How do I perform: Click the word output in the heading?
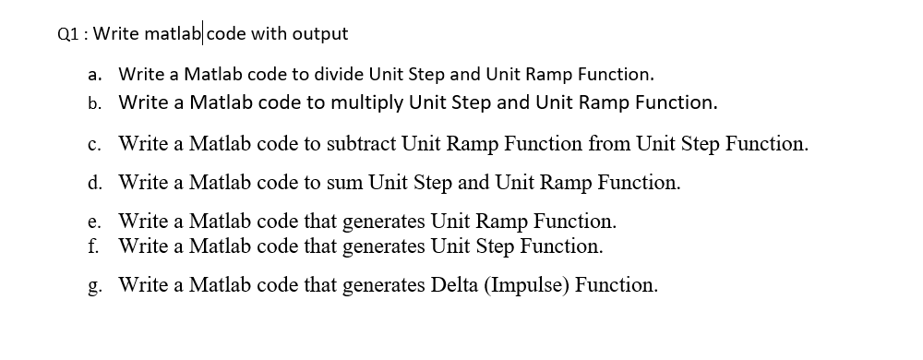320,34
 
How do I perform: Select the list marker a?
96,73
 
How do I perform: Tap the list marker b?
96,102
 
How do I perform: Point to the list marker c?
96,144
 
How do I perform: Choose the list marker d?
96,183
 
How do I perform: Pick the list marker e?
96,222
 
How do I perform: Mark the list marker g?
96,285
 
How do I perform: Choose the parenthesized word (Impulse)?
530,285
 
